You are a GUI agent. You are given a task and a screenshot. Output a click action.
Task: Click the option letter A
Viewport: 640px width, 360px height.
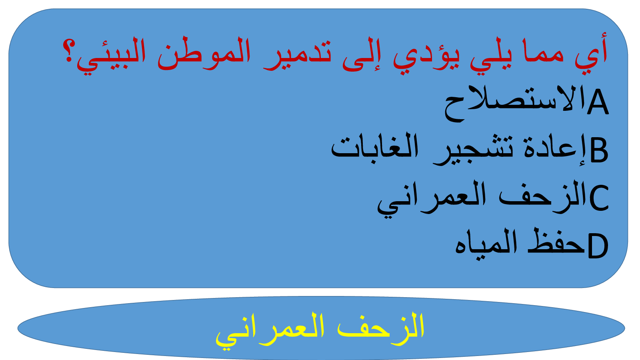click(598, 102)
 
